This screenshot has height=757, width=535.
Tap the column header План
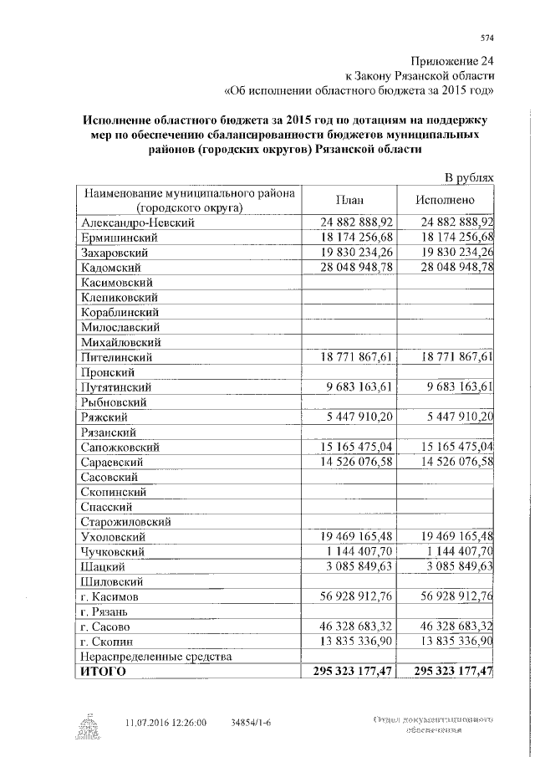[x=348, y=201]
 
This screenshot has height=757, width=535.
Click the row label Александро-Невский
[x=138, y=222]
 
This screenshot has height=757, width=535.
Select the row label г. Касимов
[x=115, y=597]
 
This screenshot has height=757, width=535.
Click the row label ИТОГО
[x=101, y=672]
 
